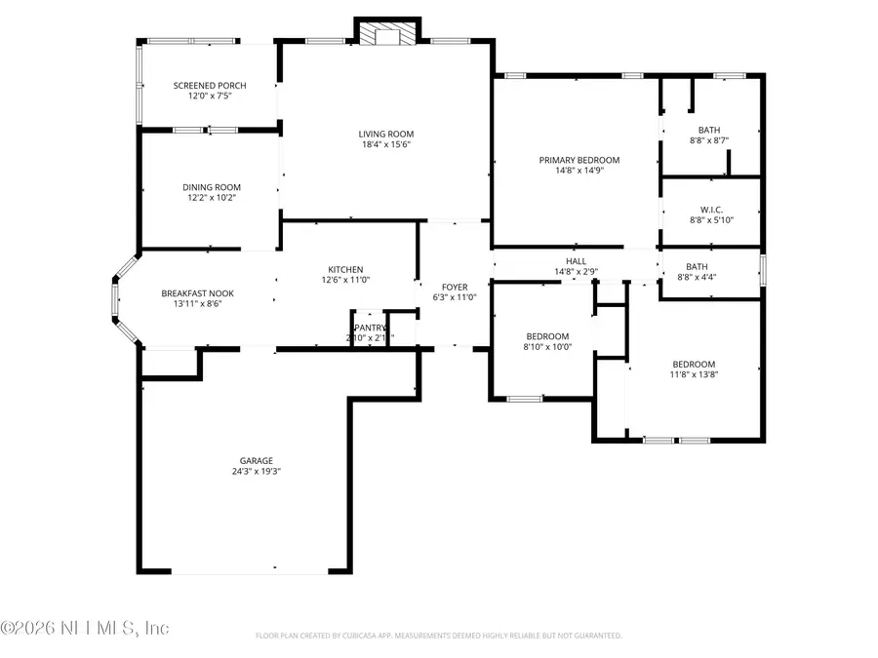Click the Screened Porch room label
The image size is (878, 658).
(210, 86)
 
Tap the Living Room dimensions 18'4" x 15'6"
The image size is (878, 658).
(386, 145)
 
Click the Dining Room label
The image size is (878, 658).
(212, 187)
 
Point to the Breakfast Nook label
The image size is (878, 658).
(197, 293)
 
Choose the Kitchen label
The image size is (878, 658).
(345, 269)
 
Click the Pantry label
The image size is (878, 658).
(370, 328)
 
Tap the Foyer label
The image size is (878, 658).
(455, 287)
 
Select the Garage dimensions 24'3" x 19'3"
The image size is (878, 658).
(257, 472)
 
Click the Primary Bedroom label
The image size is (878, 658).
(579, 160)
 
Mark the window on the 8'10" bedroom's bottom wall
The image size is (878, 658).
(525, 398)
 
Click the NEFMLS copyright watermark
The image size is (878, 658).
(86, 628)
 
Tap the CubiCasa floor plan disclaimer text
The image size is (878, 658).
(438, 636)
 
